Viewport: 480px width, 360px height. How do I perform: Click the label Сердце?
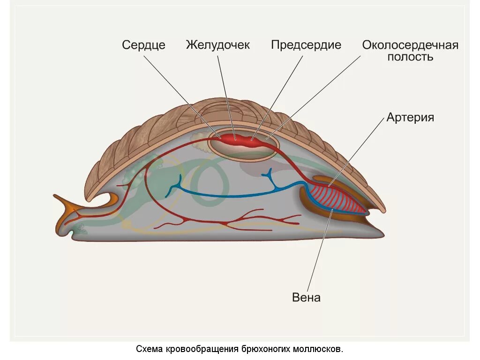coord(143,45)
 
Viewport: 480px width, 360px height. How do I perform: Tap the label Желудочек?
coord(218,45)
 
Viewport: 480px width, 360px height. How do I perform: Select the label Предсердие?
coord(306,45)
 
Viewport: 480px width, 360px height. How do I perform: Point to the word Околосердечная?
coord(410,45)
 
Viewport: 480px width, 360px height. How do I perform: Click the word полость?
coord(410,57)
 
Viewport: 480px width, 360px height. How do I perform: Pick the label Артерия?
coord(410,117)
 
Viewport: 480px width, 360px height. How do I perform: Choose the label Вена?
coord(306,297)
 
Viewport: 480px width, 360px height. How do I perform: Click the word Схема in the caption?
coord(149,349)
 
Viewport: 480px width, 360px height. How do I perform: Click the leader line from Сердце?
coord(180,94)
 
